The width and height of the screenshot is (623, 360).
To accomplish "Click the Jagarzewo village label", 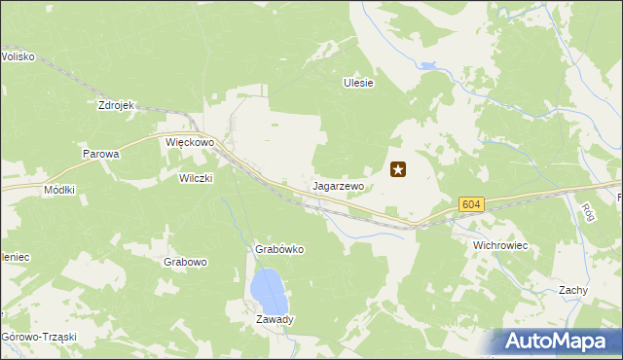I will pyautogui.click(x=338, y=185).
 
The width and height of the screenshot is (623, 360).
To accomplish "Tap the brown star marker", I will pyautogui.click(x=398, y=170).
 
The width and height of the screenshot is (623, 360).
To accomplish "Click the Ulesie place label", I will pyautogui.click(x=358, y=84).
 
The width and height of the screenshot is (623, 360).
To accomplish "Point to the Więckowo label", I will pyautogui.click(x=189, y=142).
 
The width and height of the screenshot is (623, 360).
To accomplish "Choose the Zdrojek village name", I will pyautogui.click(x=115, y=105).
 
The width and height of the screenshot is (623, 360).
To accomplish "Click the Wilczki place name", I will pyautogui.click(x=195, y=178).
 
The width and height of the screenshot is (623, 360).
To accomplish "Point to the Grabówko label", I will pyautogui.click(x=279, y=249).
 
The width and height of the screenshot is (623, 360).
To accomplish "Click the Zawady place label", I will pyautogui.click(x=275, y=319).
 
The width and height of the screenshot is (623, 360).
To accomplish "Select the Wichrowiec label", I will pyautogui.click(x=499, y=245).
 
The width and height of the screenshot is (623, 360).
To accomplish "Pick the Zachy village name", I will pyautogui.click(x=572, y=290).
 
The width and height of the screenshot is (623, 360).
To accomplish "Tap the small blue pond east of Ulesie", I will pyautogui.click(x=427, y=67).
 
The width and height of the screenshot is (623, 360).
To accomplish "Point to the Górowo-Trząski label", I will pyautogui.click(x=39, y=337).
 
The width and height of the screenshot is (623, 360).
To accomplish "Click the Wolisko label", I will pyautogui.click(x=18, y=56).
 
